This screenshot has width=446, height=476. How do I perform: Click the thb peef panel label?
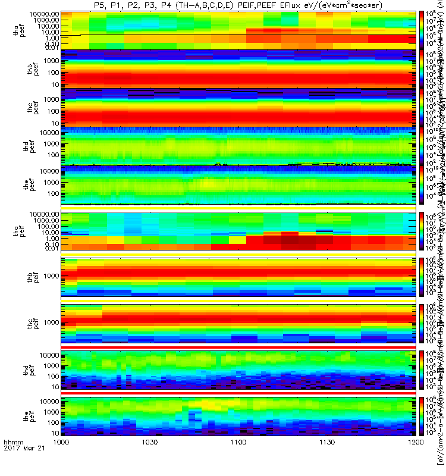pyautogui.click(x=20, y=69)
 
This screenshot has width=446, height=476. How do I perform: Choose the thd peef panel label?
pyautogui.click(x=20, y=146)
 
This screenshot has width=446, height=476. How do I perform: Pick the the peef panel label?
pyautogui.click(x=20, y=185)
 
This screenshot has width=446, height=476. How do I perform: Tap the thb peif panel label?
pyautogui.click(x=20, y=276)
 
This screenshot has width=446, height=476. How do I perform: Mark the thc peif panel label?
pyautogui.click(x=20, y=322)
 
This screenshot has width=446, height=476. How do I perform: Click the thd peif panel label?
pyautogui.click(x=20, y=368)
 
